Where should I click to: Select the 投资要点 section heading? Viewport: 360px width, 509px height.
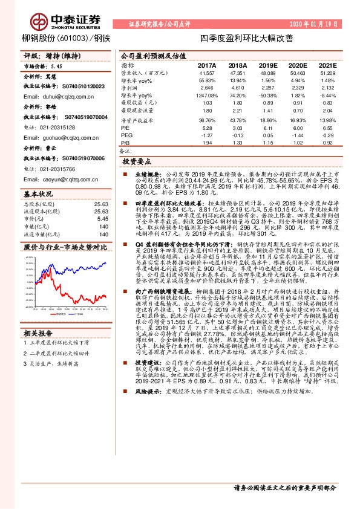click(x=137, y=161)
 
